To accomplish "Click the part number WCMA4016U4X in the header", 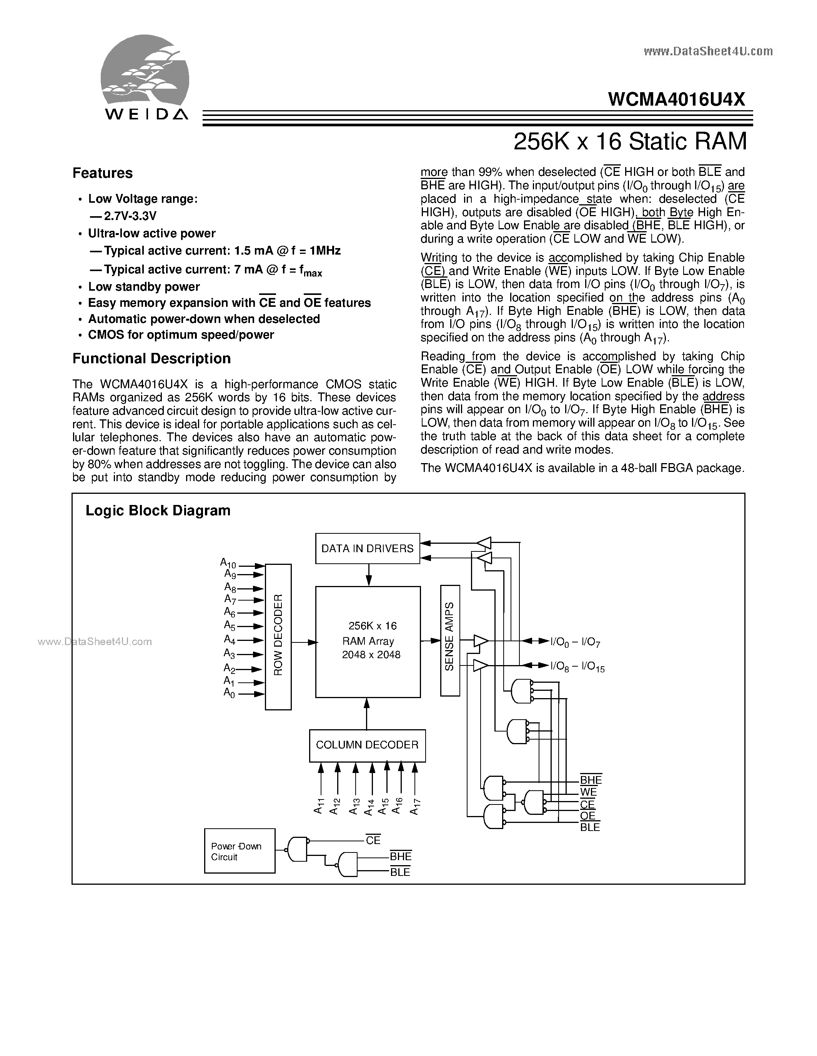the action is pos(677,99).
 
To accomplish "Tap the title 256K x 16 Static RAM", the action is pos(630,141).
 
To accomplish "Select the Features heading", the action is pos(103,173).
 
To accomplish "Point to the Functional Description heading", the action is pos(151,358).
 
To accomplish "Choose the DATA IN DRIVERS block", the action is pos(367,548).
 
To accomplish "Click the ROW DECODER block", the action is pos(278,636).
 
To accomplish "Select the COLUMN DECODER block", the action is pos(367,745).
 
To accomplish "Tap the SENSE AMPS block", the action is pos(450,636).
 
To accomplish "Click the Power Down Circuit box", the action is pos(240,851).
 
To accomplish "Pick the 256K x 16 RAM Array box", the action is pos(368,642).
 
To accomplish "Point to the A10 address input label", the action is pos(228,563).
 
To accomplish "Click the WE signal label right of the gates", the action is pos(588,792).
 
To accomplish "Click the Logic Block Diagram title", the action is pos(158,511).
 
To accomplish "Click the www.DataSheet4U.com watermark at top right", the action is pos(708,51).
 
